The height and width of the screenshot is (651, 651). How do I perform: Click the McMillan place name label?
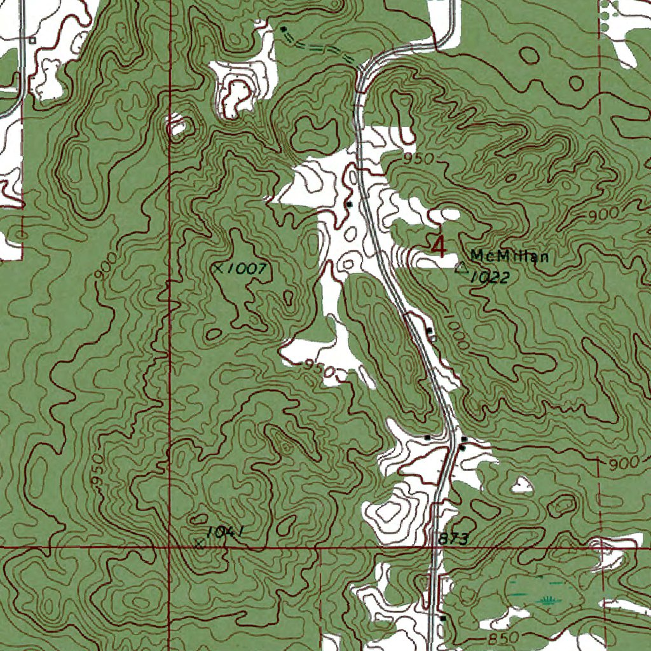tap(509, 256)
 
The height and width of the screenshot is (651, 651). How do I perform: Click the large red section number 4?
tap(439, 247)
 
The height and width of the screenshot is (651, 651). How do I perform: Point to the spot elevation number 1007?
tap(246, 269)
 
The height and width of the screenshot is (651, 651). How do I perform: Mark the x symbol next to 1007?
tap(218, 269)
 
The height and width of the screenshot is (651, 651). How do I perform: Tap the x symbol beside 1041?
tap(200, 543)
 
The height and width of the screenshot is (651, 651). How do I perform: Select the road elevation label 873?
tap(453, 539)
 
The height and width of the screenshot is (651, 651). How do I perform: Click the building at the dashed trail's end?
tap(283, 29)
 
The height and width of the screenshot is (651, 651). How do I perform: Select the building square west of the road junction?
tap(428, 438)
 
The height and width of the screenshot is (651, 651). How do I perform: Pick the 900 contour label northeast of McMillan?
tap(600, 215)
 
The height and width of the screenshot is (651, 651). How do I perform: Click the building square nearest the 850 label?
tap(443, 617)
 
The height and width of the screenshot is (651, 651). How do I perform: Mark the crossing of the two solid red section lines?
tap(170, 546)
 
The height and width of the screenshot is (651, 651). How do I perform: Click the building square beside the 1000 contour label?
tap(430, 331)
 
